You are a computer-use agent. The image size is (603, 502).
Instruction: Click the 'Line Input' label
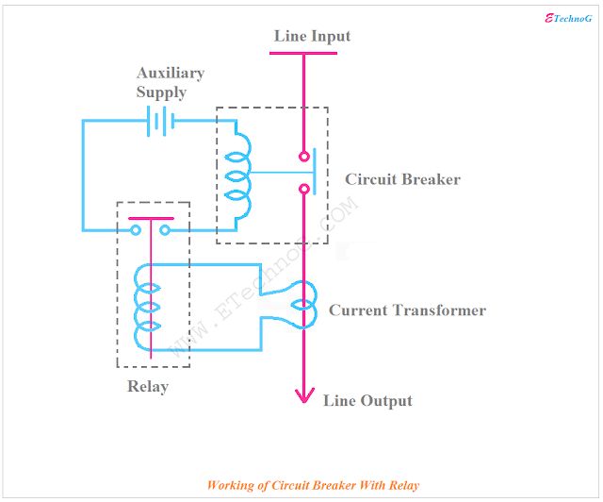(x=312, y=36)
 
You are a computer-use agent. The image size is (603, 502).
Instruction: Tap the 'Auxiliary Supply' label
(x=170, y=82)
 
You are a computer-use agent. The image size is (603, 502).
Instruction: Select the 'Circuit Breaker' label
(x=402, y=179)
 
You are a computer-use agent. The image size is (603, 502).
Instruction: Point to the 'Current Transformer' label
(x=407, y=310)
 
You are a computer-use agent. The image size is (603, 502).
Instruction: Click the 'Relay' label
(x=148, y=387)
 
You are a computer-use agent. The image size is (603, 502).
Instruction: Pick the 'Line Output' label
(x=367, y=401)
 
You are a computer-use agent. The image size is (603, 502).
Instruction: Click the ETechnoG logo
(x=568, y=18)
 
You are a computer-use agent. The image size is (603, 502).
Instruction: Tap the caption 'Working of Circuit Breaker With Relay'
(x=313, y=485)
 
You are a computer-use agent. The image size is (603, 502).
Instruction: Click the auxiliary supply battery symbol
(x=161, y=121)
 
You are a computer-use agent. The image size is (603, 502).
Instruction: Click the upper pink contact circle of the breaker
(x=304, y=157)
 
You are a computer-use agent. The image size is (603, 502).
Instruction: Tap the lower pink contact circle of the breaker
(x=304, y=189)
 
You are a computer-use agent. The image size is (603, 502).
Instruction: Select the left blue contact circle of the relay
(x=136, y=230)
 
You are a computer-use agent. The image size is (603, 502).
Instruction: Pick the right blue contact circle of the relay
(x=165, y=230)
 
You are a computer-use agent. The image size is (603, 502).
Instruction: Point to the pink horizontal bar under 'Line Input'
(x=303, y=53)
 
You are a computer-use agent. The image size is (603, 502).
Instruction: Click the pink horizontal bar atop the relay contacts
(x=151, y=218)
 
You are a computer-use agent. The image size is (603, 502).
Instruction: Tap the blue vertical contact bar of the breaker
(x=315, y=172)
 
